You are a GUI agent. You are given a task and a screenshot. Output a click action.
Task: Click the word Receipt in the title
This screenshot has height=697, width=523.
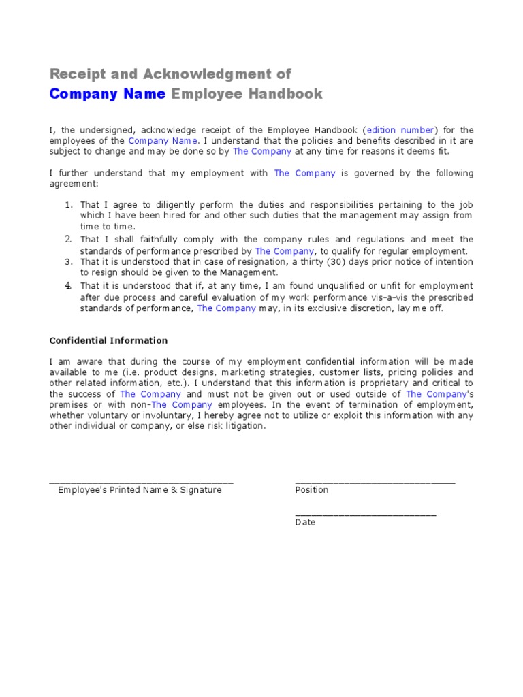75,74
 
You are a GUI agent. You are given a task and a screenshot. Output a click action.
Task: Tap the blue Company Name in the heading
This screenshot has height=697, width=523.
107,94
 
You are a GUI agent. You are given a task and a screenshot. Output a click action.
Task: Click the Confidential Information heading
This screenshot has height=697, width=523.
108,340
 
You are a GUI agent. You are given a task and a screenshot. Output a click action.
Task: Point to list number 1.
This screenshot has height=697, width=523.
69,205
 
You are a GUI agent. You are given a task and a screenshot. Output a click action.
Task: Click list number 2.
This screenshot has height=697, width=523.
69,239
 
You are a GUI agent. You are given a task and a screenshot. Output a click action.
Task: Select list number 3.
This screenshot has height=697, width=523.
69,261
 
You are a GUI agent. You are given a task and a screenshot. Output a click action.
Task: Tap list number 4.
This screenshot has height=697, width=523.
69,285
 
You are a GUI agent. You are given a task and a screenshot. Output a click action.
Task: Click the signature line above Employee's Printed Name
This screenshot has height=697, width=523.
141,482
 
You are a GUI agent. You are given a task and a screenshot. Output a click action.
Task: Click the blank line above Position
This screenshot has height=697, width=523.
375,482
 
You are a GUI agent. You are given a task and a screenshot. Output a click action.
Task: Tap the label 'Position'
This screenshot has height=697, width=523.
311,490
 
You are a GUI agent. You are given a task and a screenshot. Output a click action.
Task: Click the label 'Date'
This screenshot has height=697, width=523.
305,523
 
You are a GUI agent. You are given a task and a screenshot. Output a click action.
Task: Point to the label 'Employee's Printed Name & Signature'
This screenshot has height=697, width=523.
140,490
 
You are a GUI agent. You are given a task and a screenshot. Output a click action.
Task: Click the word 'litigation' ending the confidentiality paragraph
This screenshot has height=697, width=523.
242,427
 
